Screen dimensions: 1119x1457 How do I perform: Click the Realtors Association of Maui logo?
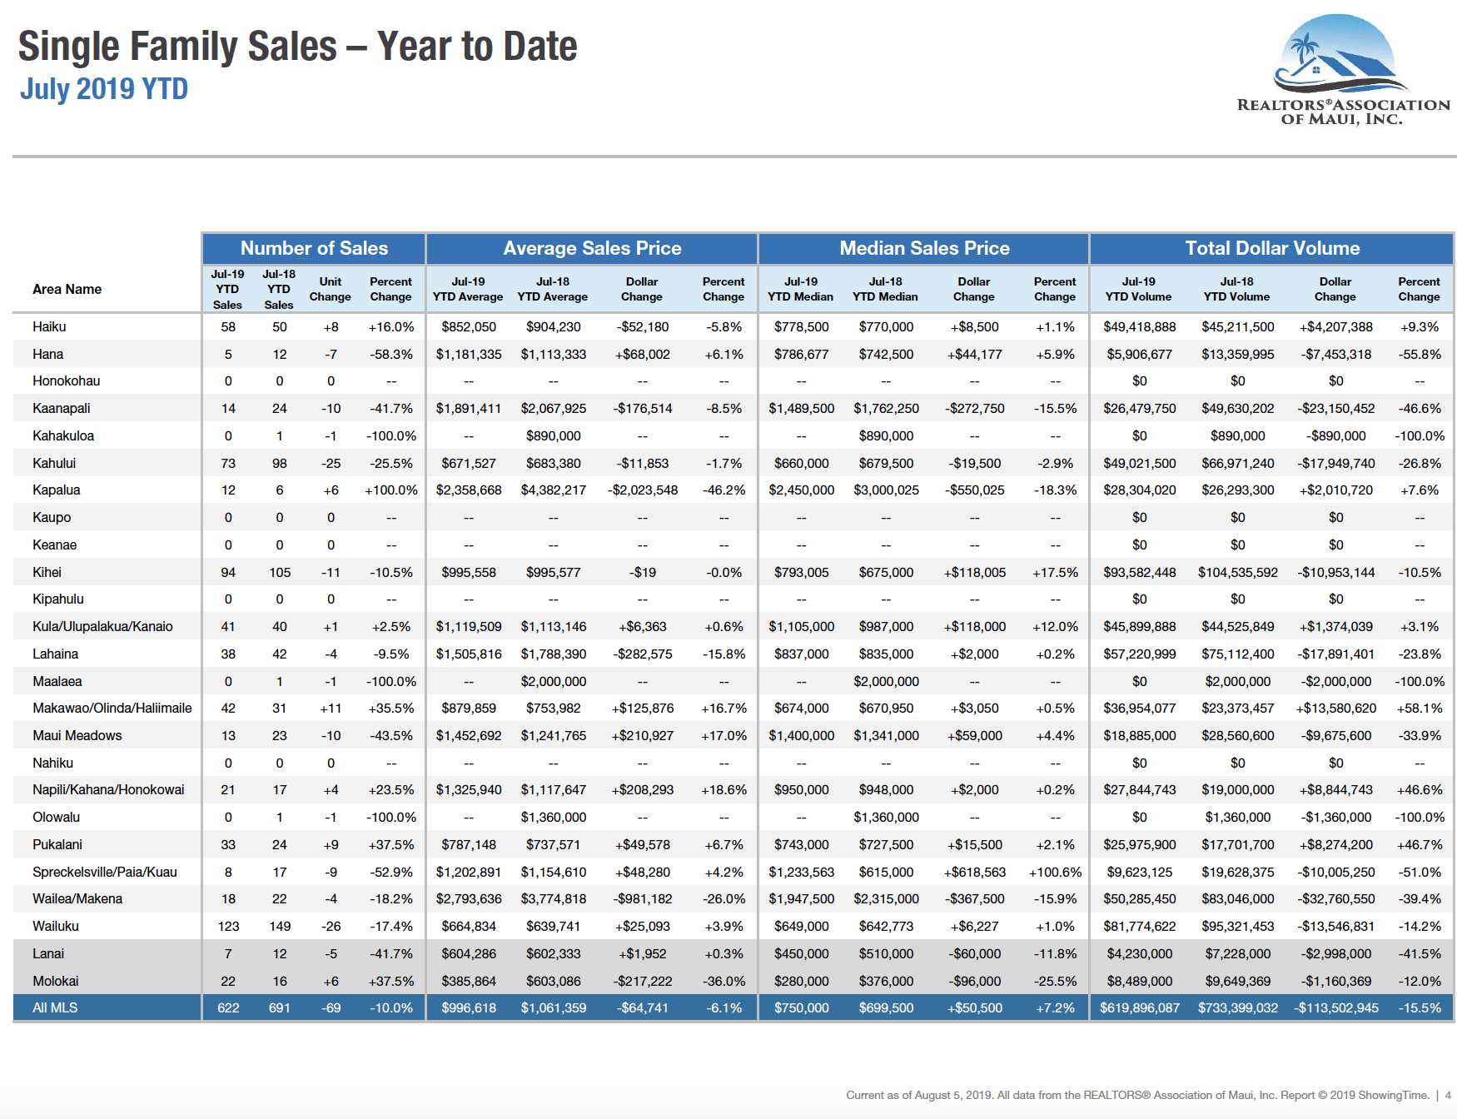pos(1341,71)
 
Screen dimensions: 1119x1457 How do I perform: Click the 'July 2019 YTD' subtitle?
pos(104,89)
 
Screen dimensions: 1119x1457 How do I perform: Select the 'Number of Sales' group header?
pos(314,248)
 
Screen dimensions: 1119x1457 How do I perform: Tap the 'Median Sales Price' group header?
pos(924,248)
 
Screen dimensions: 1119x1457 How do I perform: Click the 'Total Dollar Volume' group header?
pos(1272,248)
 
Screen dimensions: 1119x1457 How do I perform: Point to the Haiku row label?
pos(49,327)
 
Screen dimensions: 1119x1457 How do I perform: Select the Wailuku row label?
pos(56,926)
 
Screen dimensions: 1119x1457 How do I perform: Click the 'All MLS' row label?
pos(55,1007)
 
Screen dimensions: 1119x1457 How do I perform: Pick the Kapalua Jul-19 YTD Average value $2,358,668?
pos(469,490)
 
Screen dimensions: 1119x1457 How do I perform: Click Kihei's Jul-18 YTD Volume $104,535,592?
pos(1237,572)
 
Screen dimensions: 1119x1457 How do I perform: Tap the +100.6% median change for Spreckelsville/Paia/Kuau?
pos(1055,872)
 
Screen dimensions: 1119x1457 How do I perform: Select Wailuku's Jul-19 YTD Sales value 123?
pos(228,926)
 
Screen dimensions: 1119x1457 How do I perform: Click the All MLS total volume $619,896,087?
pos(1139,1007)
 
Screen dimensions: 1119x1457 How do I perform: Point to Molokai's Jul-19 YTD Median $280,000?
pos(801,981)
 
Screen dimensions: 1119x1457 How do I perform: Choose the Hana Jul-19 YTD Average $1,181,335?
pos(469,354)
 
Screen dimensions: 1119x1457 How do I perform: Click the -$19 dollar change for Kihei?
pos(642,572)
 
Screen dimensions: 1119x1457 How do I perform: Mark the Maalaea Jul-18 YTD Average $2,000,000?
pos(553,681)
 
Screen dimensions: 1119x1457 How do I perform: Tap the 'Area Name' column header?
pos(67,289)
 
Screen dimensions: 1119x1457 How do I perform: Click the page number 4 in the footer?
pos(1448,1095)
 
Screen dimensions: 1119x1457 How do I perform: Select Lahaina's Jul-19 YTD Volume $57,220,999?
pos(1139,654)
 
